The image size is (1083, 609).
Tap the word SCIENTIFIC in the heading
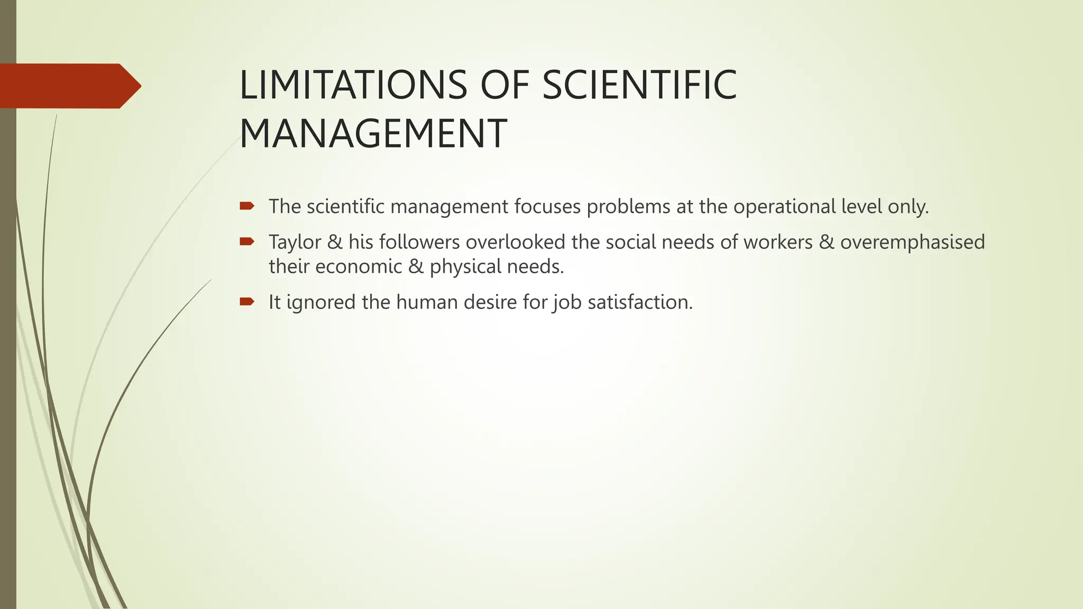coord(639,85)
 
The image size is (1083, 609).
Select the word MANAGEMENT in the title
coord(373,134)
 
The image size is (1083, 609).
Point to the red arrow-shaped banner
coord(69,86)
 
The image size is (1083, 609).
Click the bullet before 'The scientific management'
coord(247,206)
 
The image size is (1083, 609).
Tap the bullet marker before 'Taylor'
coord(247,242)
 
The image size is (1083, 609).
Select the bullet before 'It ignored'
coord(247,302)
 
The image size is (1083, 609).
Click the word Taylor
coord(295,242)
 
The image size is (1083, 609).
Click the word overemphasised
coord(912,242)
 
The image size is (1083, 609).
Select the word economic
coord(359,266)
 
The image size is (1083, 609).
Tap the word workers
coord(778,242)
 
